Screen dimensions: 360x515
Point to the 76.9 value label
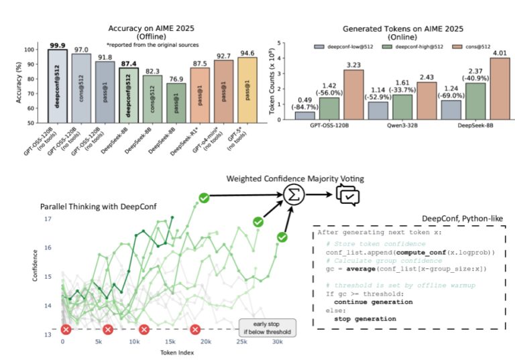coord(175,78)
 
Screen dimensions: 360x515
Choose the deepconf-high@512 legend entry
coord(404,46)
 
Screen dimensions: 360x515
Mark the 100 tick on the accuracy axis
coord(30,50)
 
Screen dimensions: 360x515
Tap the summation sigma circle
coord(292,195)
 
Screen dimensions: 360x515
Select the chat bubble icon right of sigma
coord(348,195)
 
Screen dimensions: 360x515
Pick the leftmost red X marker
coord(66,329)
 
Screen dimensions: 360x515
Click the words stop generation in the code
coord(365,318)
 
